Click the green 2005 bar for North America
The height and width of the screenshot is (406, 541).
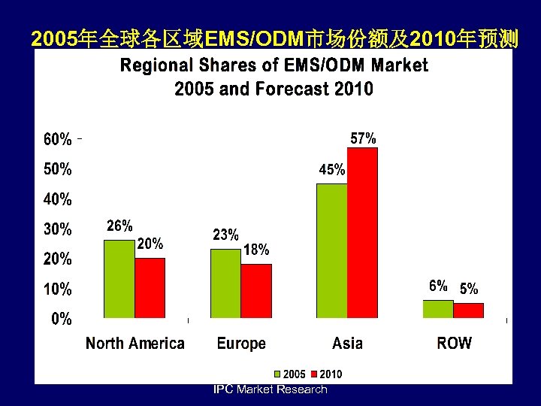(x=119, y=279)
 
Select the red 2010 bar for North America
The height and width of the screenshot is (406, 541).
(x=150, y=288)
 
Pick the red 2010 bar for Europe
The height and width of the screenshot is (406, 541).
(x=256, y=291)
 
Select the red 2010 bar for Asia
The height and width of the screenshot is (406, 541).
(x=362, y=232)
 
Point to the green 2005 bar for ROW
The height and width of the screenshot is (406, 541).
(x=438, y=309)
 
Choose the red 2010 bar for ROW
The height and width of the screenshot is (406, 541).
(x=469, y=311)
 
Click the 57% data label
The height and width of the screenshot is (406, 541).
(x=364, y=138)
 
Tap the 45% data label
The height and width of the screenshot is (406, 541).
(x=332, y=170)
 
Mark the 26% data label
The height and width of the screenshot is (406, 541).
(x=119, y=225)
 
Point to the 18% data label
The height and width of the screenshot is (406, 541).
(x=256, y=250)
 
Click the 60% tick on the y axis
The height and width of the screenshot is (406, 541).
(x=58, y=140)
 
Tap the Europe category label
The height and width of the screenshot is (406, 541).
(x=241, y=344)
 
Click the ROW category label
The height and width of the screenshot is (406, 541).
(x=454, y=344)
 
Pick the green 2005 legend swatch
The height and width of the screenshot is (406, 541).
(x=277, y=374)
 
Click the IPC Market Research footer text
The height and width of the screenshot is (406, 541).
(x=270, y=389)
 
